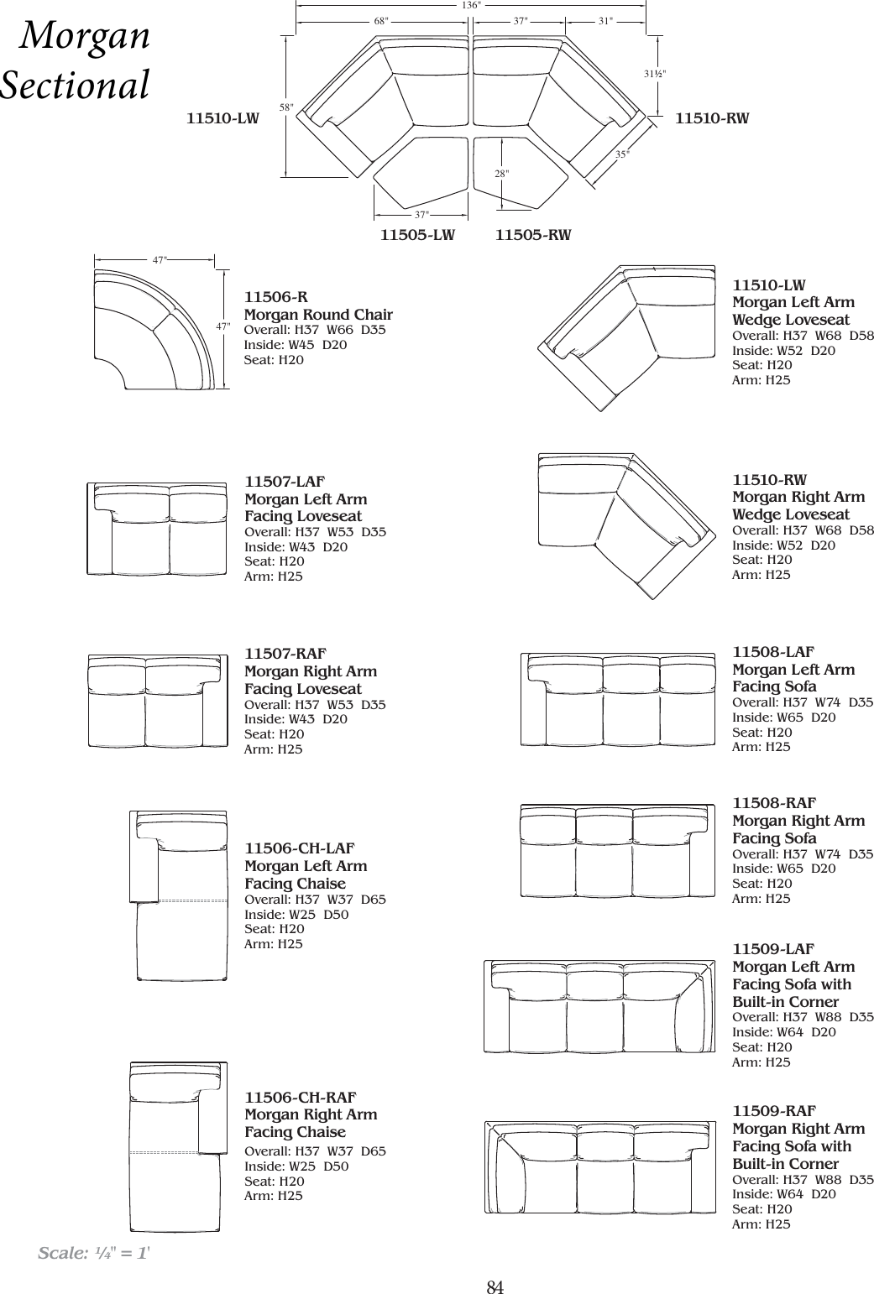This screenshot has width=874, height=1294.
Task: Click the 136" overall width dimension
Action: point(471,6)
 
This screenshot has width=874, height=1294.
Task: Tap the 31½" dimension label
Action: point(655,74)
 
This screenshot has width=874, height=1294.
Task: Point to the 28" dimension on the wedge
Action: point(501,173)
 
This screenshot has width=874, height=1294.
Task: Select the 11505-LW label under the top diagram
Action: point(417,235)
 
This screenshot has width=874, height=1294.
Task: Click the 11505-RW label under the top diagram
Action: point(533,235)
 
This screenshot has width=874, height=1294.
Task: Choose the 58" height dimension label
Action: point(286,108)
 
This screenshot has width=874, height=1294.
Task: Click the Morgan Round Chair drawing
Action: point(158,332)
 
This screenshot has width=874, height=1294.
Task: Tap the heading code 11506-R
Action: point(275,297)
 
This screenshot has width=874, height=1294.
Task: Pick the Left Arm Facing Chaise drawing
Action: point(179,895)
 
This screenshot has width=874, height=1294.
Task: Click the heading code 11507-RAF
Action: point(285,654)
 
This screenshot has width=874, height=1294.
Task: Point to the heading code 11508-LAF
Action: point(773,652)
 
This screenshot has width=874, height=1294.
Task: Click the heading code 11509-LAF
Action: point(773,949)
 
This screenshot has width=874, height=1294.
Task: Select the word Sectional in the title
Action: point(76,86)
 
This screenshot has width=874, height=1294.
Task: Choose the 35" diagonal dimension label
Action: point(621,154)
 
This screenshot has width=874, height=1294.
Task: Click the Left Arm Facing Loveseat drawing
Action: point(157,529)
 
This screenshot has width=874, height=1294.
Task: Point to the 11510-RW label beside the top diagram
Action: point(712,119)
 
